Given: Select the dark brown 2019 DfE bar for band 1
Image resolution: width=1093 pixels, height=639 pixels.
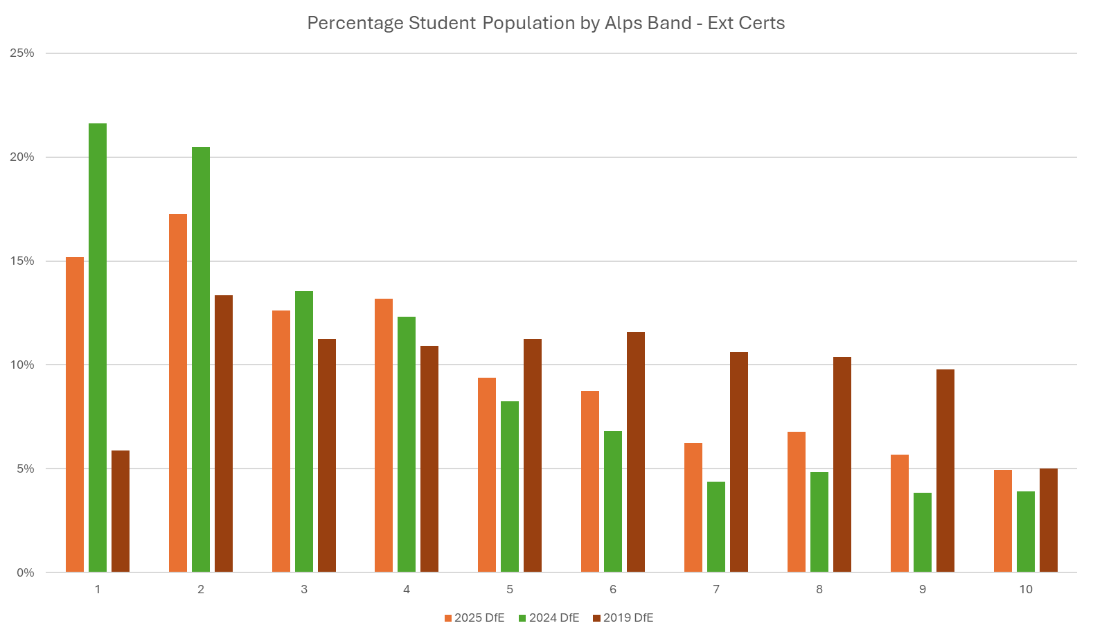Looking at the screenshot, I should tap(121, 511).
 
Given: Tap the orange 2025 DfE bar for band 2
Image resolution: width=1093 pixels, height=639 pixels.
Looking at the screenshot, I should tap(178, 393).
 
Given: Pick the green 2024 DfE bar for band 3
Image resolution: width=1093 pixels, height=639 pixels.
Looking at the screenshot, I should tap(304, 432).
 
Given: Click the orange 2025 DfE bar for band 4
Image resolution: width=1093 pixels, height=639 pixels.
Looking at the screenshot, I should tap(384, 435).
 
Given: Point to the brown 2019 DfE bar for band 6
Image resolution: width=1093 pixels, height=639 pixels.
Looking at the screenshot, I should tap(636, 452).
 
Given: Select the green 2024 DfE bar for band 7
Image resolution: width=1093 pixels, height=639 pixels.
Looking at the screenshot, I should tap(716, 527).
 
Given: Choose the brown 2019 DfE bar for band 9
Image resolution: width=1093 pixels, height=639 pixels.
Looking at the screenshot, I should tap(945, 471).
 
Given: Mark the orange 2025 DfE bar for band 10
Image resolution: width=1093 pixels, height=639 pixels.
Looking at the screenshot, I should tap(1003, 521).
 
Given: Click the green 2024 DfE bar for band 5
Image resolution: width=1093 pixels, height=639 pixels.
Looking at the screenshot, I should tap(510, 487).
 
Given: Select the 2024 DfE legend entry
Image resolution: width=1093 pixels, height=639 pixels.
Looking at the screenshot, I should tap(549, 618).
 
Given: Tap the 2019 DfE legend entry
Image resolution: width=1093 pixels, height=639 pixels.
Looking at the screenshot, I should tap(623, 618).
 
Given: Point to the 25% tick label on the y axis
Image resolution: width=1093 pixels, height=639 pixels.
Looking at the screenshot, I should tap(22, 53).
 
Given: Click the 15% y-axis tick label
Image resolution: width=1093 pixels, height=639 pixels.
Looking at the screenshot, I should tap(22, 261).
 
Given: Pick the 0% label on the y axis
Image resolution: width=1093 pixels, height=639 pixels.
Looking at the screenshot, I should tap(25, 572).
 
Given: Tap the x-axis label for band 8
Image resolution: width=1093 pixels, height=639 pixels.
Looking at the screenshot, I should tap(819, 589).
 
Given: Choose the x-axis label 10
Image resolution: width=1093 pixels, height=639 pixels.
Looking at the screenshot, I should tap(1026, 589).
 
